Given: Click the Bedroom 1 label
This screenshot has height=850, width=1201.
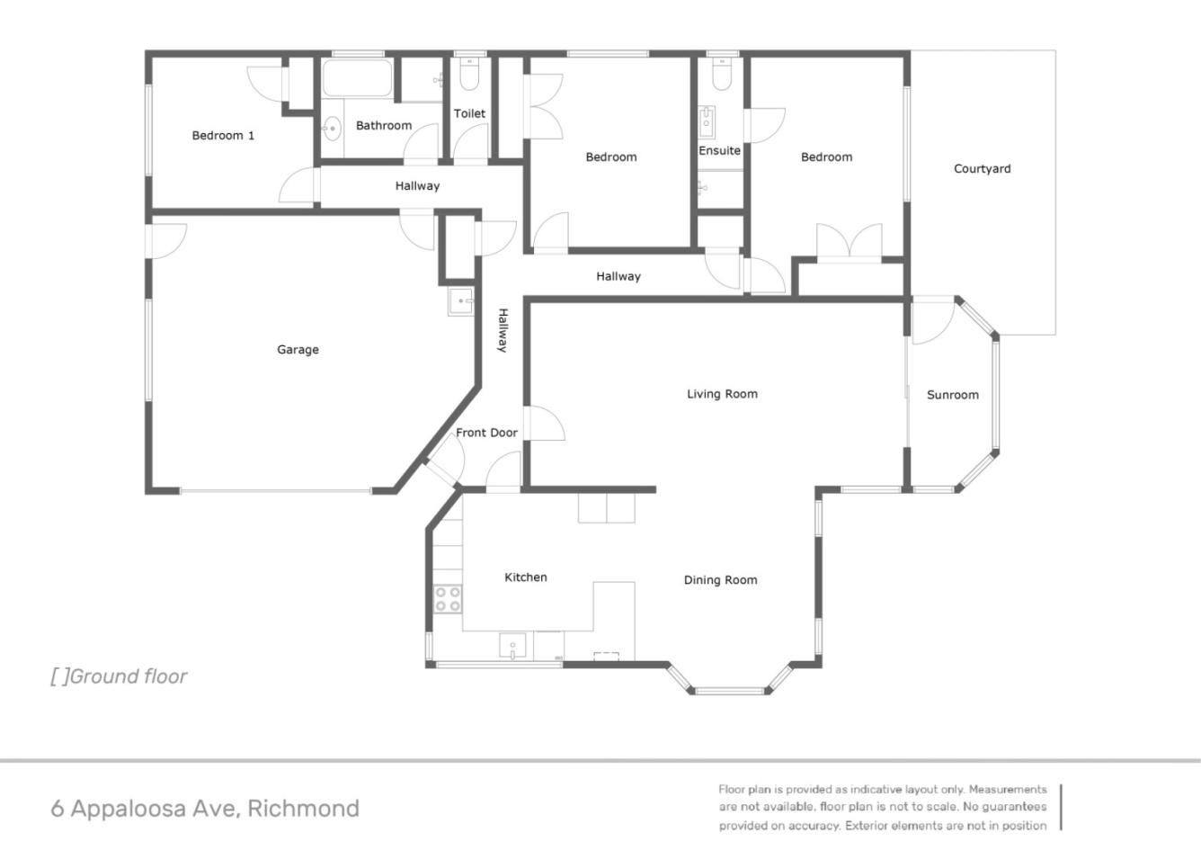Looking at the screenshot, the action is [x=223, y=135].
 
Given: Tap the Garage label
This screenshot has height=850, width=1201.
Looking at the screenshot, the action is [x=298, y=350].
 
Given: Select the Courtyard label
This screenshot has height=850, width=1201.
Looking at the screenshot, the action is [x=983, y=169].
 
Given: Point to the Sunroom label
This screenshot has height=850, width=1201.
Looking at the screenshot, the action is [x=953, y=395].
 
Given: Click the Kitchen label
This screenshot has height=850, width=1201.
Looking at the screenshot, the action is [x=526, y=577].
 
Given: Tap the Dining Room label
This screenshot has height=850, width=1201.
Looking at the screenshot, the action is [x=721, y=580].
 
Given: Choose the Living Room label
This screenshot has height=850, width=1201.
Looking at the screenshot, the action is [x=722, y=394].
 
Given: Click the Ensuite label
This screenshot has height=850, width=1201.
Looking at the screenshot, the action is [x=719, y=151].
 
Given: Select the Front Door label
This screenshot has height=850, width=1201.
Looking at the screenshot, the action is [x=487, y=433].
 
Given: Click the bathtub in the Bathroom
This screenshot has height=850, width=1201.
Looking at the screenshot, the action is [x=358, y=78].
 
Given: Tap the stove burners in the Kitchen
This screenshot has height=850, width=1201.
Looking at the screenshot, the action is [x=448, y=599].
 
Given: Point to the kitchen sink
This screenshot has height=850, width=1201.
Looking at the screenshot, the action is [x=512, y=646].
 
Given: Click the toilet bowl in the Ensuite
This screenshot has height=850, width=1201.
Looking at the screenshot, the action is [x=722, y=76].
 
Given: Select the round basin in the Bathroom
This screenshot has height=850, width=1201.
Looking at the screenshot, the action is [x=333, y=129].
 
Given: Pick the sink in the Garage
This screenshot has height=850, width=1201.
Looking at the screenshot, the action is [x=461, y=301].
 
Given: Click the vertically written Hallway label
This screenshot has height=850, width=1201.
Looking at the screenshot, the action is [x=503, y=330].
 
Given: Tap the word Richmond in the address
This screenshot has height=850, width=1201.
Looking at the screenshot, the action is [x=304, y=808].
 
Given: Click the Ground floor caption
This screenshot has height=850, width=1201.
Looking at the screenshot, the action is [x=119, y=676].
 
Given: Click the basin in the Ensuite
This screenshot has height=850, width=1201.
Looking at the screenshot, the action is [x=707, y=122].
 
